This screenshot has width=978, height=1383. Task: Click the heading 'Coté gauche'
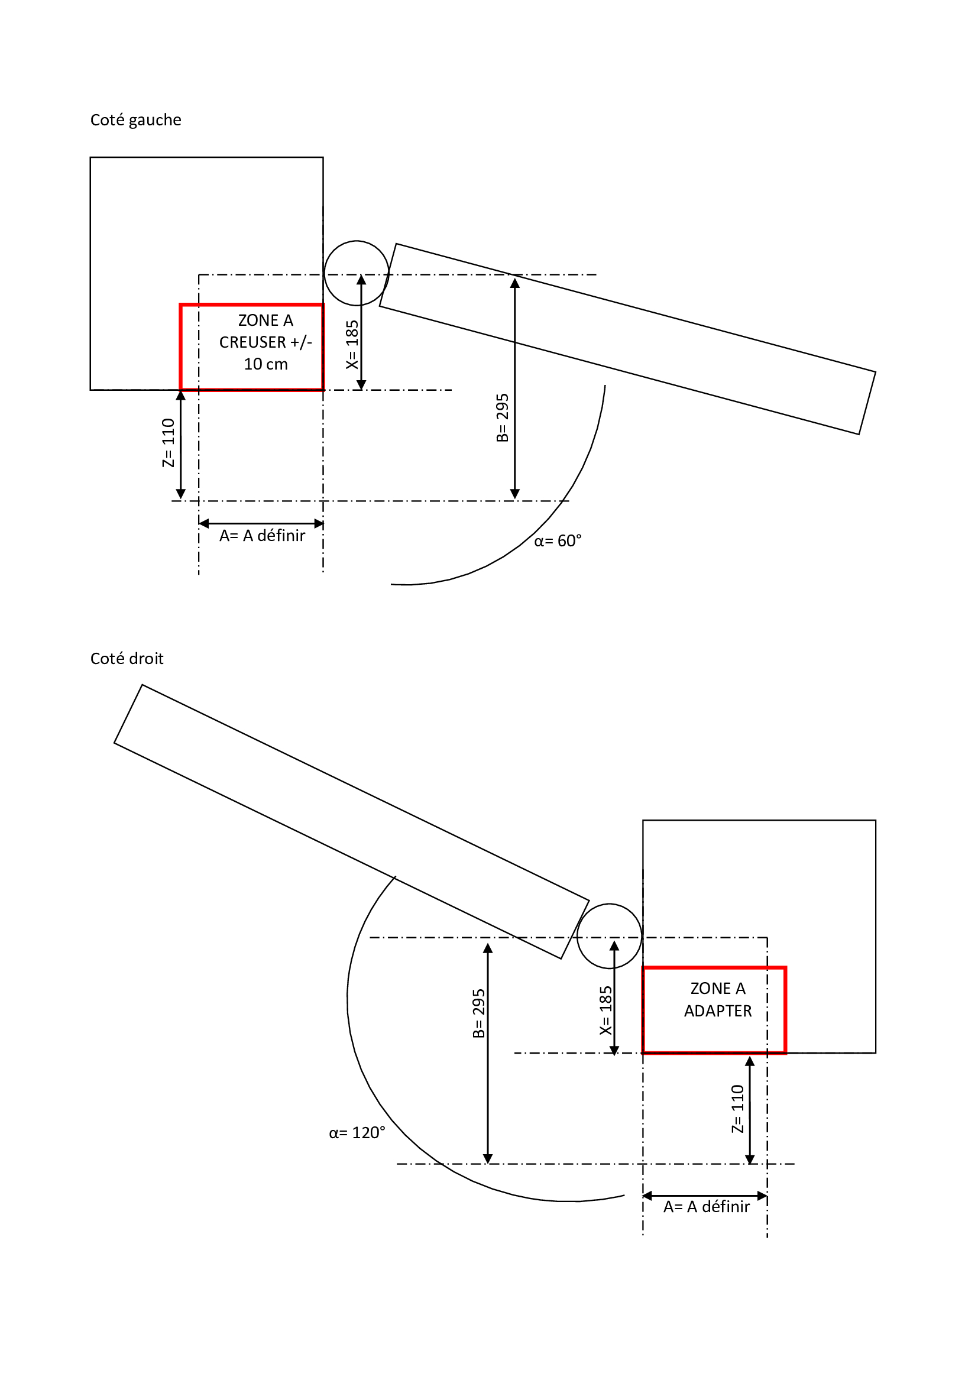click(x=135, y=121)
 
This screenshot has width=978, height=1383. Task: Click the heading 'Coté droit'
click(x=127, y=659)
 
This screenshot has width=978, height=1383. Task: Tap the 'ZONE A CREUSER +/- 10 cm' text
click(x=265, y=342)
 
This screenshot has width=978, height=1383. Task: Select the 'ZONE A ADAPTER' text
click(x=718, y=1000)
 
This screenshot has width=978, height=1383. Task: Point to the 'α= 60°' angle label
click(x=558, y=541)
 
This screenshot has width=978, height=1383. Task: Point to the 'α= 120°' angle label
click(x=357, y=1133)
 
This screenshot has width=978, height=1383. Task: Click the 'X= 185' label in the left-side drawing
click(x=352, y=345)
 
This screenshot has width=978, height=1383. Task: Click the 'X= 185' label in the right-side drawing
click(x=606, y=1010)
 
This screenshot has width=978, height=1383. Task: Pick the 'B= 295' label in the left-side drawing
click(x=503, y=417)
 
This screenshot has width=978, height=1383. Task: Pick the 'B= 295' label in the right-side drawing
click(x=479, y=1013)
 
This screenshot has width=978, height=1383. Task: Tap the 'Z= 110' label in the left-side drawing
click(x=168, y=443)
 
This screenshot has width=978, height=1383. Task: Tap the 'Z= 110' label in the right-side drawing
click(x=738, y=1108)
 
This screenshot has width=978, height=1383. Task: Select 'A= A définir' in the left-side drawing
click(x=262, y=536)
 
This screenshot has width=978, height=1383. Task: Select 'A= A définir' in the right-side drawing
click(x=707, y=1207)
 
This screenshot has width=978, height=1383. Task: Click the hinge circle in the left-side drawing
click(x=357, y=273)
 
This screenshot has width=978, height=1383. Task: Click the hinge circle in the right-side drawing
click(x=610, y=935)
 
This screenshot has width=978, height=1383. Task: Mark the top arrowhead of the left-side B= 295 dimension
click(x=515, y=282)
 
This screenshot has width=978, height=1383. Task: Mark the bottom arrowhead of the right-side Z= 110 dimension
click(x=750, y=1159)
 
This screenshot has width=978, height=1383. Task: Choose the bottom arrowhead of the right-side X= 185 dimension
click(x=614, y=1051)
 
